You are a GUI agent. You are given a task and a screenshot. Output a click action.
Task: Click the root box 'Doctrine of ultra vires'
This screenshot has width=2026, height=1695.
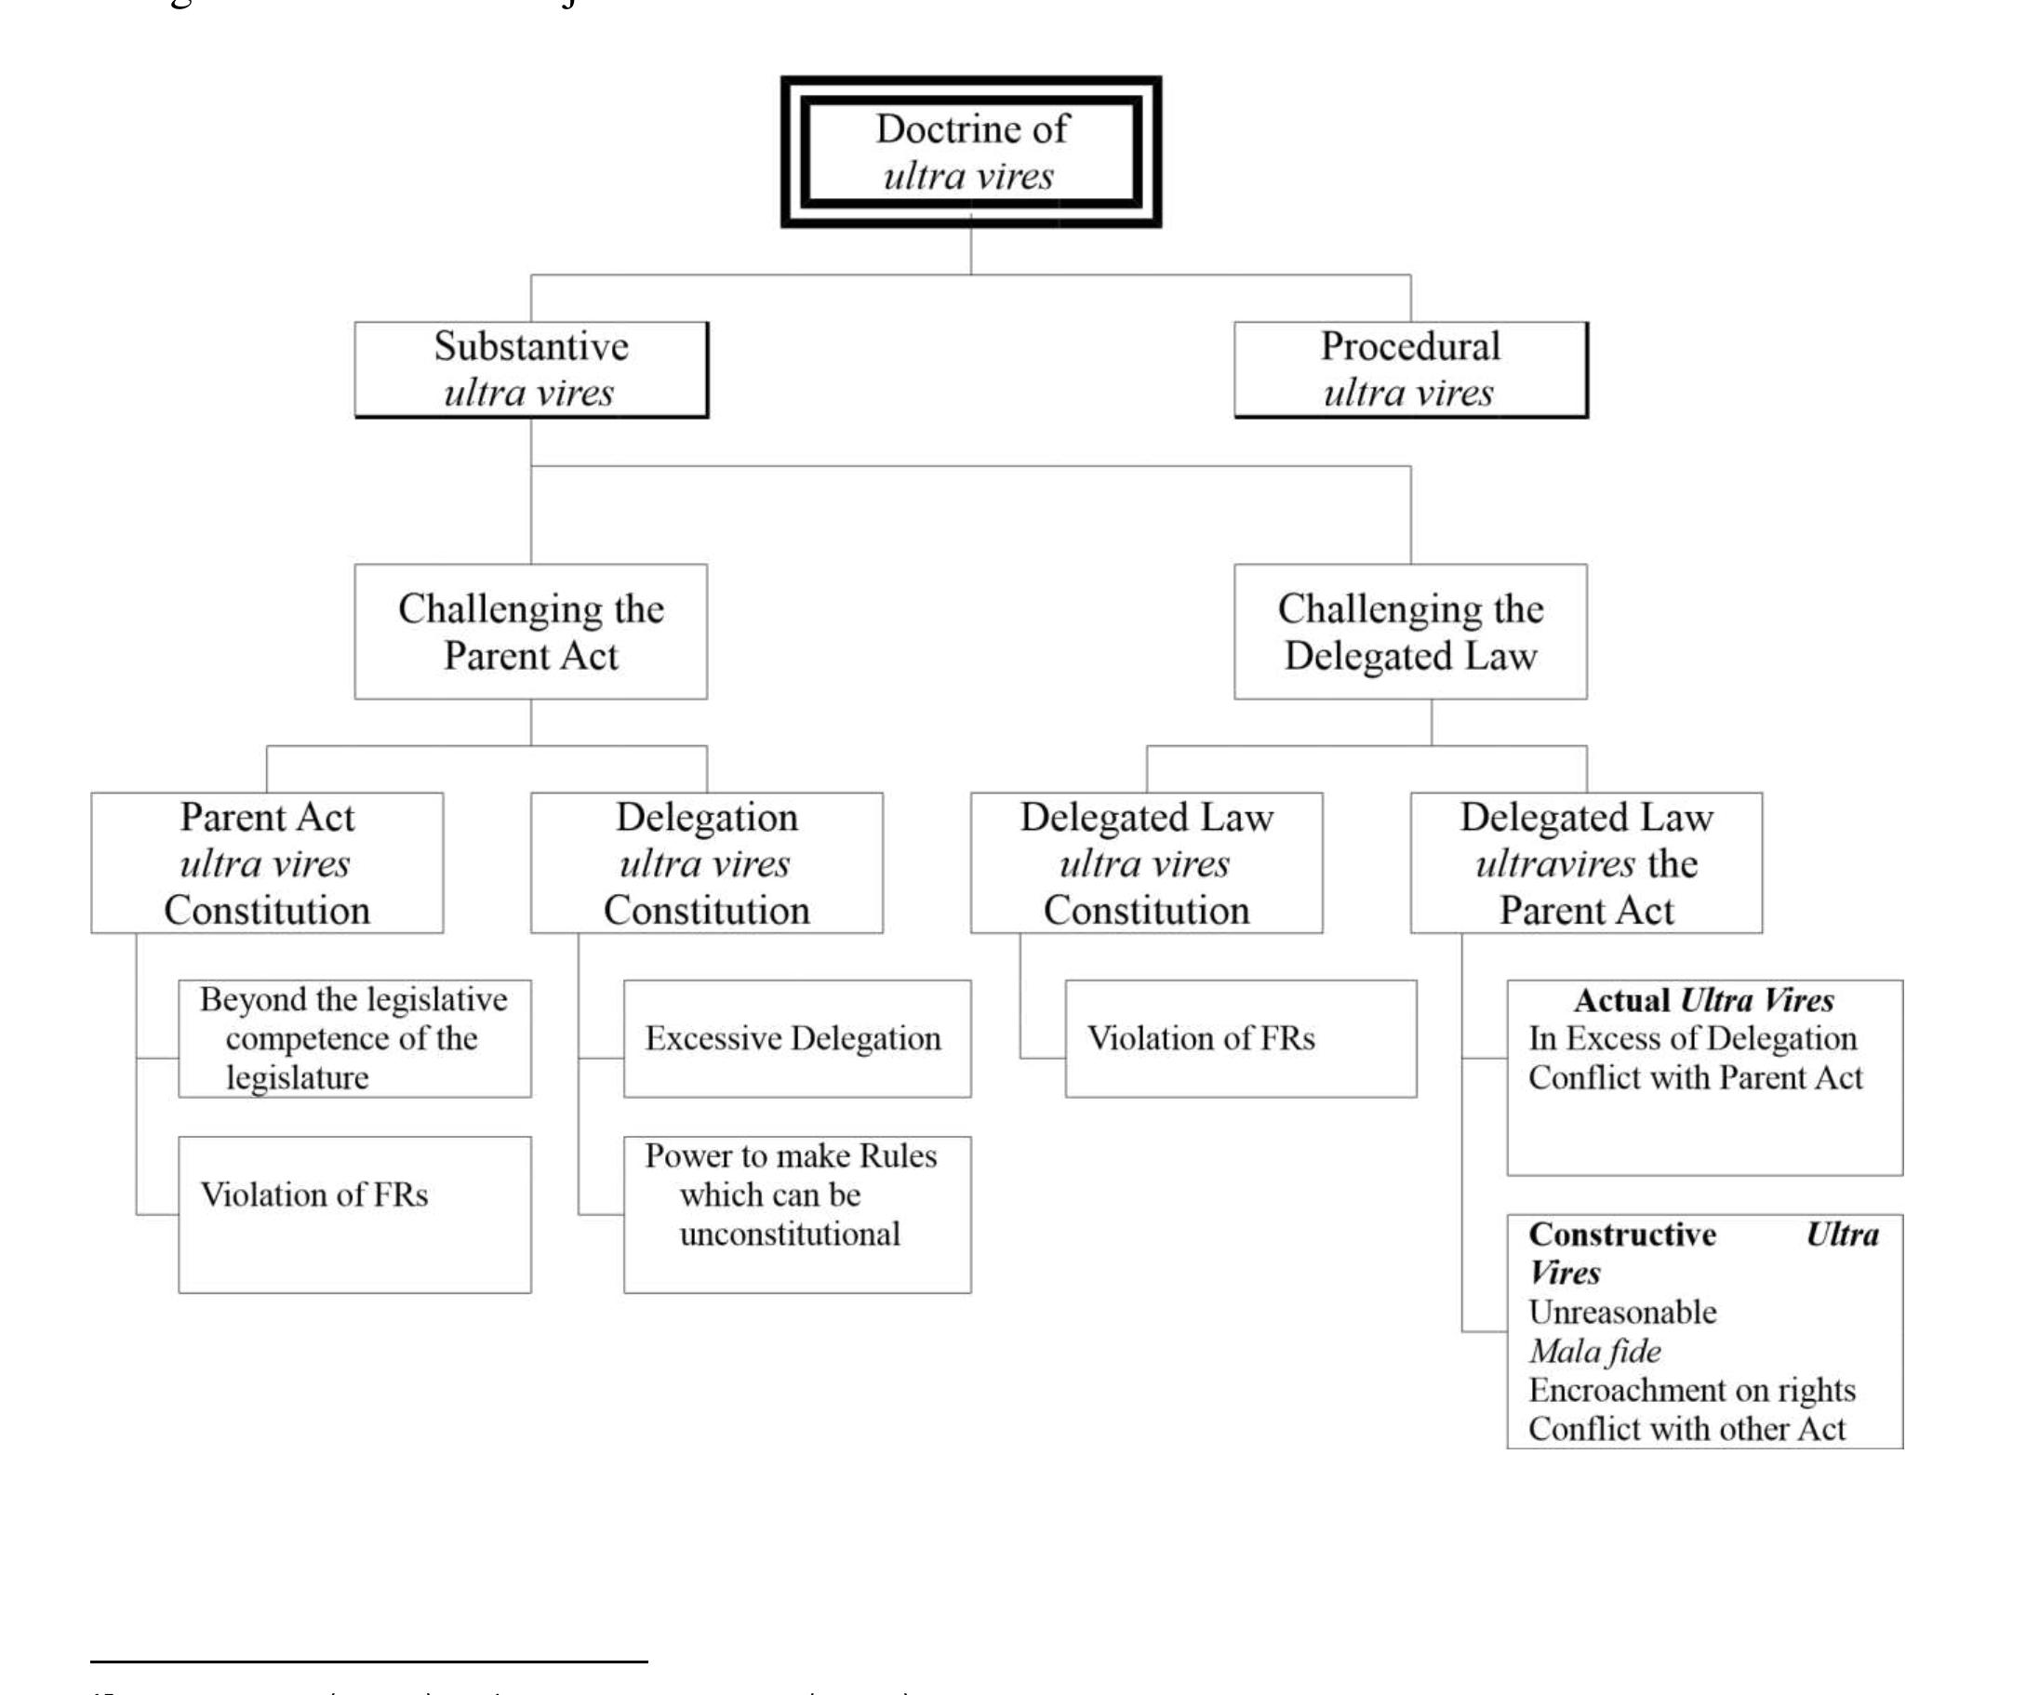pos(970,152)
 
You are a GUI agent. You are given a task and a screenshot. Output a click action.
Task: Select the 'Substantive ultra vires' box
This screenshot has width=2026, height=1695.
pos(530,369)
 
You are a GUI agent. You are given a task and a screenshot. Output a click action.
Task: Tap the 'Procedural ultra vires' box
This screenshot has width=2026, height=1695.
pos(1410,369)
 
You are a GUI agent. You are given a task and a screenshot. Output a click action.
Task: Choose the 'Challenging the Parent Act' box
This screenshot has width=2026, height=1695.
pos(530,632)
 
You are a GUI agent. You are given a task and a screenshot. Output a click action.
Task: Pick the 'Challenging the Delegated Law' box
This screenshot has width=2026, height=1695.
pos(1410,632)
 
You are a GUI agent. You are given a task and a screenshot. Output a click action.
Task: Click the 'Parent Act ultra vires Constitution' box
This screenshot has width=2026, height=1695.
pos(267,863)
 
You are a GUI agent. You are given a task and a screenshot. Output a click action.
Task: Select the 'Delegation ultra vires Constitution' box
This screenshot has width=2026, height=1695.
pos(707,863)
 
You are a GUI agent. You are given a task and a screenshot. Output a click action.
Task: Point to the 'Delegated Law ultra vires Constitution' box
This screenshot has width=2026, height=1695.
pos(1146,863)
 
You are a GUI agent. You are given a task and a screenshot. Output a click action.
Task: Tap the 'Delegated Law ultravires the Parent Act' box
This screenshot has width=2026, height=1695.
pos(1586,863)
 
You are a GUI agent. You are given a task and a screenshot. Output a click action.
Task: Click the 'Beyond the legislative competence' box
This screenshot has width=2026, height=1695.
pos(354,1038)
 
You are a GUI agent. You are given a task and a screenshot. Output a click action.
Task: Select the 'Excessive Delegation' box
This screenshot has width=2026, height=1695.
pos(796,1038)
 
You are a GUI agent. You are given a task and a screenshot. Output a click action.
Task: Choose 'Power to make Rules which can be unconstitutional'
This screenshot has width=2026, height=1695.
pos(796,1195)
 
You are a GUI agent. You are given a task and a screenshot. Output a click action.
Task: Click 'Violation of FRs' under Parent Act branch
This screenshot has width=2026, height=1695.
pos(314,1195)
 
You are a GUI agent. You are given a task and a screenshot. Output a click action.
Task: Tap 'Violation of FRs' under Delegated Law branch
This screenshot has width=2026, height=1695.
pos(1202,1038)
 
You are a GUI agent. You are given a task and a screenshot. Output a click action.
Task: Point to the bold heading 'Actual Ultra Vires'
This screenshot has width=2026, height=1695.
pos(1704,999)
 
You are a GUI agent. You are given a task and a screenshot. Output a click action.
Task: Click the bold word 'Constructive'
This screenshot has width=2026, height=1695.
pos(1622,1234)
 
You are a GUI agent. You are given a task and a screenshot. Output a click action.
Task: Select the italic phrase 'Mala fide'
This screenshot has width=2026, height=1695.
pos(1595,1352)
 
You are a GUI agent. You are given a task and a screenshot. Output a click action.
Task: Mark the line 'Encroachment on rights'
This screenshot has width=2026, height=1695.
pos(1692,1390)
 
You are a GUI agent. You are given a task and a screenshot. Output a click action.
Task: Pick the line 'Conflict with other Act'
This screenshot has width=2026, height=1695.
pos(1686,1429)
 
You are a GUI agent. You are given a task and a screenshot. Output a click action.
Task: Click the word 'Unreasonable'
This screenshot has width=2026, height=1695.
pos(1622,1312)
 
